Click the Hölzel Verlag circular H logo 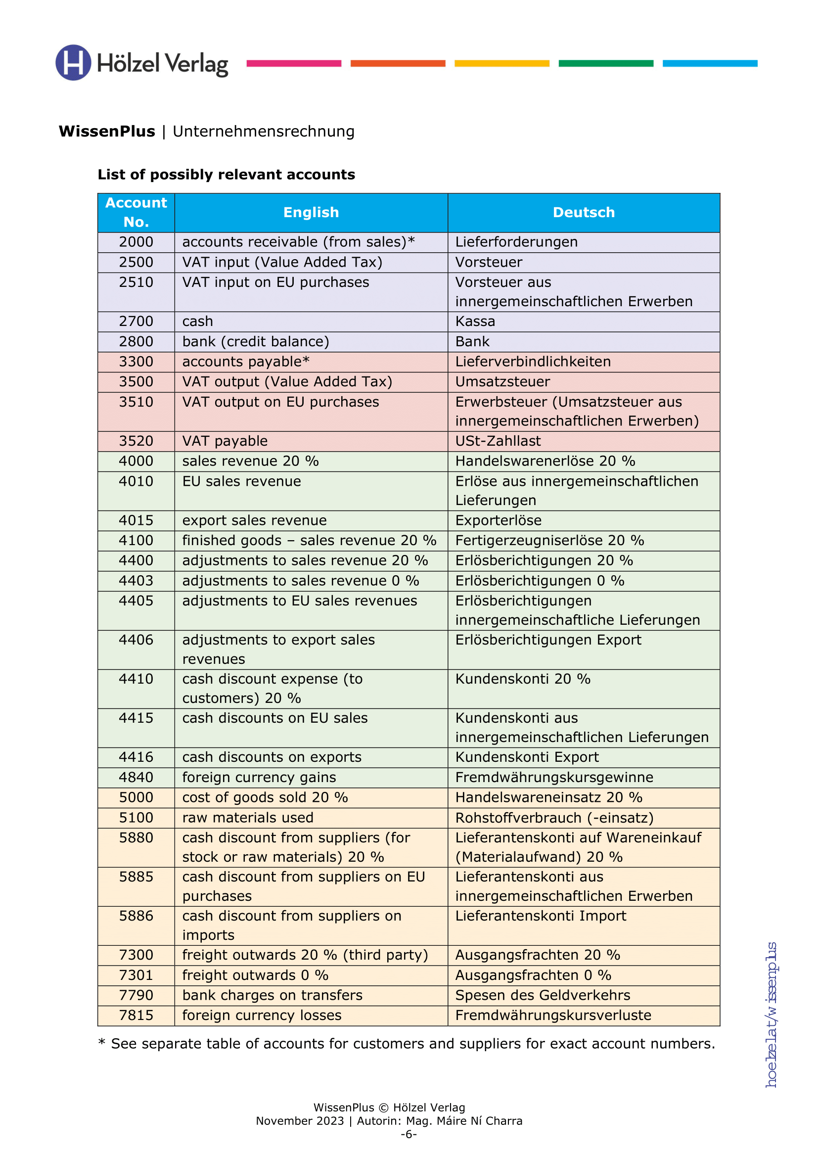(73, 62)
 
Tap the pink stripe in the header (294, 63)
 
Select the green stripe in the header (605, 63)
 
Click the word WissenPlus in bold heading (107, 132)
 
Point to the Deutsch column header (583, 212)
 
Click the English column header (311, 212)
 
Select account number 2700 (136, 322)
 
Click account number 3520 (136, 441)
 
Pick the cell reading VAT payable (225, 441)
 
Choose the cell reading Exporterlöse (498, 520)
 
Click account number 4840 (136, 777)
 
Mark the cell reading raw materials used (247, 817)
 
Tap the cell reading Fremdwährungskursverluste (553, 1015)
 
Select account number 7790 (136, 995)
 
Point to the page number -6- (409, 1134)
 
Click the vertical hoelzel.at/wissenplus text (771, 1015)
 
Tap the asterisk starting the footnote (102, 1043)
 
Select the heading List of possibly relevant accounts (226, 174)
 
